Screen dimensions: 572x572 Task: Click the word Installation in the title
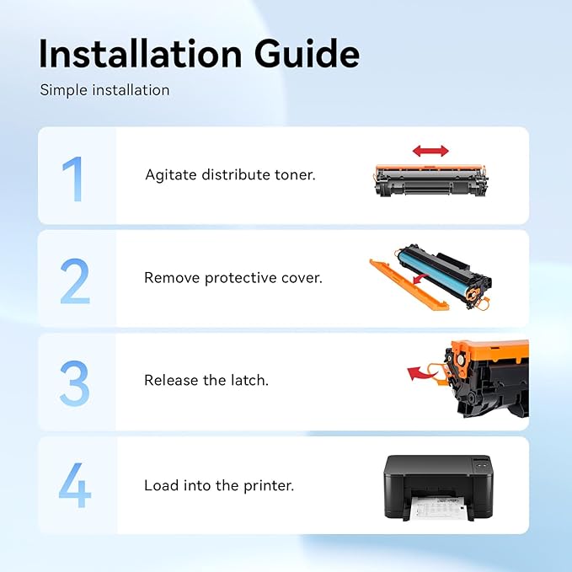(x=141, y=54)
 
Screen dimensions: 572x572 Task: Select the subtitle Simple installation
(x=104, y=90)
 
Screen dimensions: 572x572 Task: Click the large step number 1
(x=72, y=179)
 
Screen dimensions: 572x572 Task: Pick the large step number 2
(x=75, y=281)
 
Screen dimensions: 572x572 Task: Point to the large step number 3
(x=74, y=383)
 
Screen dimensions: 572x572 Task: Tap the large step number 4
(x=75, y=485)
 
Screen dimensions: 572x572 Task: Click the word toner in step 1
(x=295, y=174)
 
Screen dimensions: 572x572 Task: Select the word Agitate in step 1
(x=171, y=175)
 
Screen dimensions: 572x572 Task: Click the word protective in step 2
(x=241, y=278)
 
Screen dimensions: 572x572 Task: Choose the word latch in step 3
(x=250, y=380)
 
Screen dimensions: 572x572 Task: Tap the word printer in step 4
(x=269, y=486)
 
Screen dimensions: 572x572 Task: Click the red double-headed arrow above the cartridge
(x=430, y=151)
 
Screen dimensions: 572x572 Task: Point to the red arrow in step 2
(x=421, y=279)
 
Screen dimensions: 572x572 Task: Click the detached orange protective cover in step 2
(x=409, y=285)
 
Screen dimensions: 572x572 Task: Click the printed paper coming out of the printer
(x=434, y=509)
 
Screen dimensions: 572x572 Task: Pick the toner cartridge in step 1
(x=430, y=180)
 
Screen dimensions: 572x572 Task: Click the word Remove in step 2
(x=171, y=278)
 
